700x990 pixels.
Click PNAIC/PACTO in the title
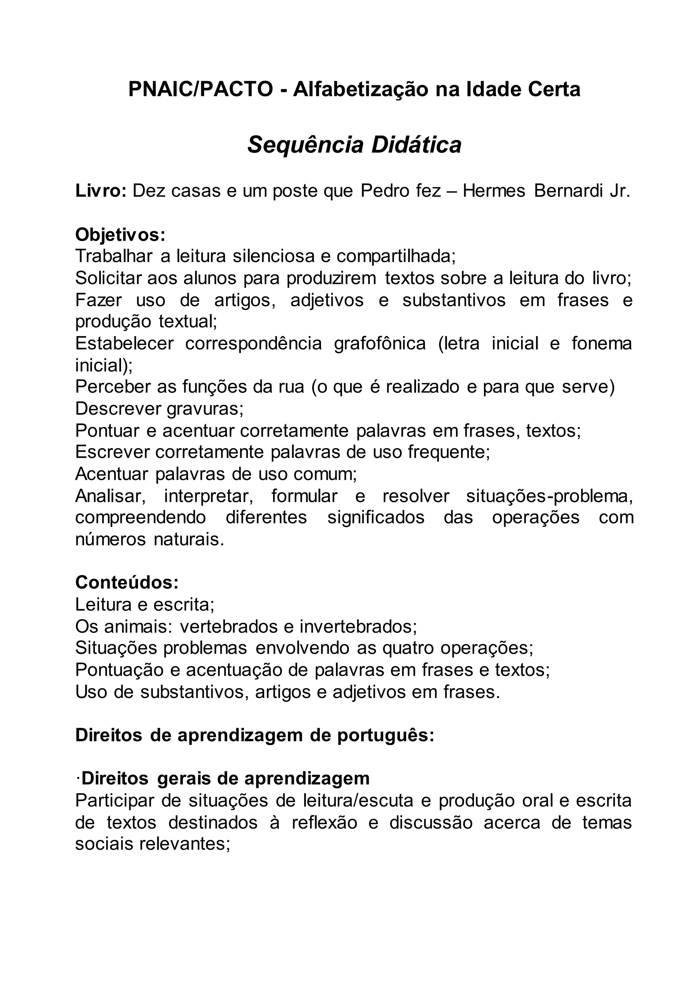(x=200, y=89)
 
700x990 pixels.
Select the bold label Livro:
(x=101, y=191)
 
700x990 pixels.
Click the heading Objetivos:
(x=120, y=235)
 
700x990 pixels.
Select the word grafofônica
(x=380, y=343)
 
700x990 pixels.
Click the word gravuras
(x=204, y=408)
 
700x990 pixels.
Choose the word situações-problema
(x=549, y=496)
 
